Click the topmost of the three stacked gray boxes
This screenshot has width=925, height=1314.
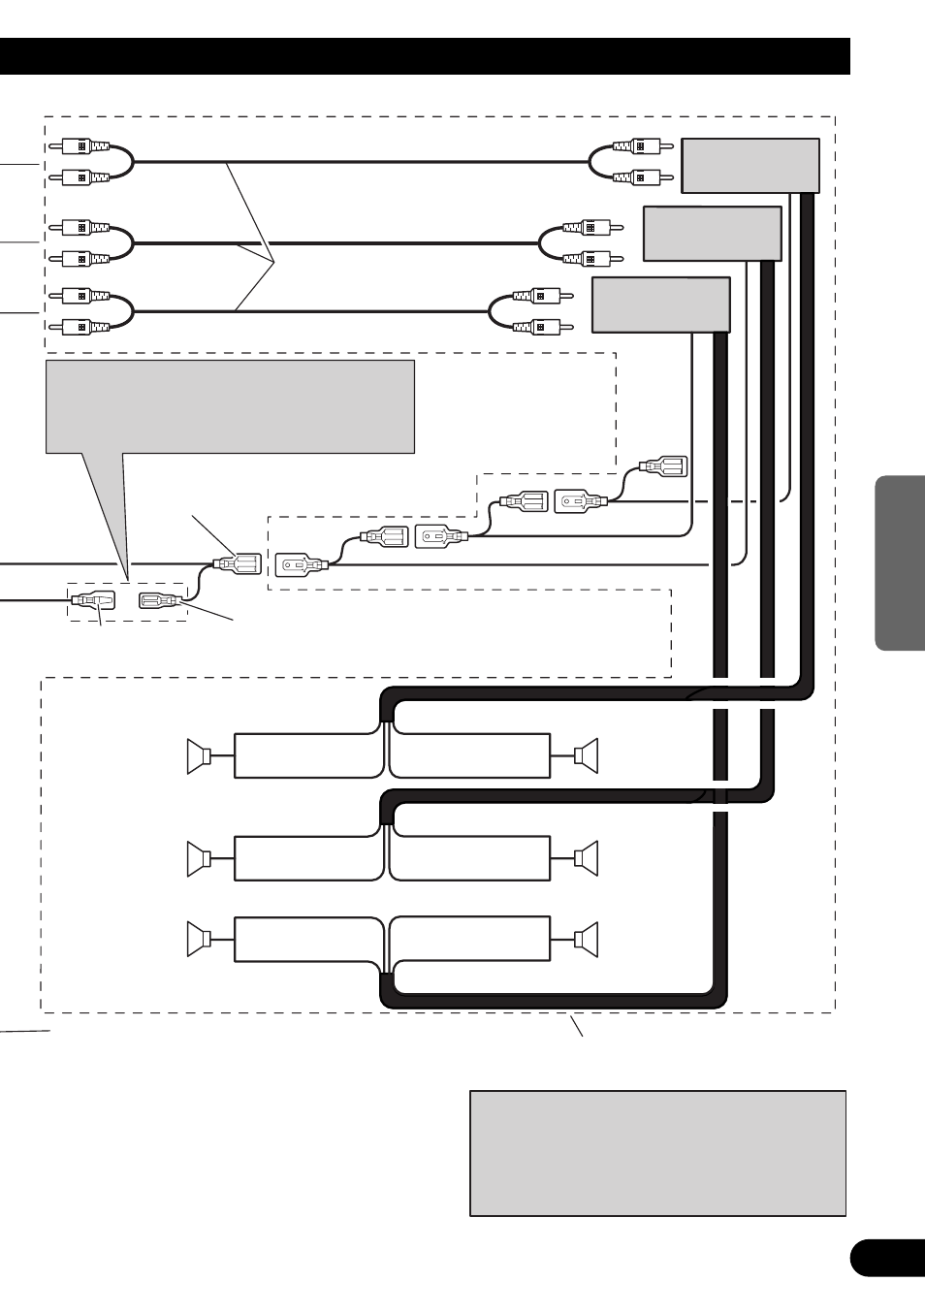tap(750, 165)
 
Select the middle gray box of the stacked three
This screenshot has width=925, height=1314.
tap(712, 234)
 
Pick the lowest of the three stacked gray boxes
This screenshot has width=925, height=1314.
tap(660, 304)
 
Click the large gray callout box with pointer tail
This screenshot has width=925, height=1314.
tap(230, 406)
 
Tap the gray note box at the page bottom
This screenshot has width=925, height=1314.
tap(657, 1153)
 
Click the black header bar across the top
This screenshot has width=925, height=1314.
tap(425, 56)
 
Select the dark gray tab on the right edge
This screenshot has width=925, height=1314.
tap(900, 562)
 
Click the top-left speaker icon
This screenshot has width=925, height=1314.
tap(199, 756)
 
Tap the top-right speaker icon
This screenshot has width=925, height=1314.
tap(587, 756)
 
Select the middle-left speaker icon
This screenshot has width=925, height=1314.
tap(199, 857)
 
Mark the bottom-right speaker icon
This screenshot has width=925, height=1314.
tap(587, 938)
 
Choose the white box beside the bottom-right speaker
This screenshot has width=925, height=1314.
tap(470, 938)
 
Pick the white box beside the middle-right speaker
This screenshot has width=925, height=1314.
tap(470, 857)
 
